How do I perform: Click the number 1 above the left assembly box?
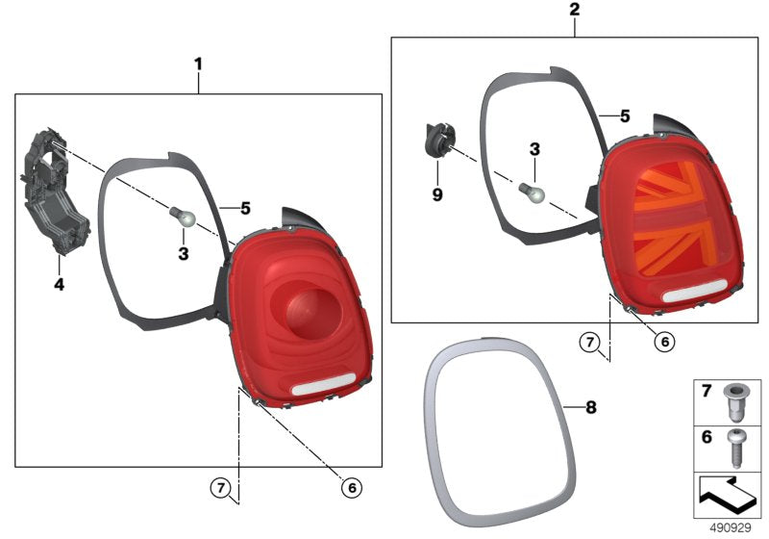[198, 64]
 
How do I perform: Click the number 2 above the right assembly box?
[574, 10]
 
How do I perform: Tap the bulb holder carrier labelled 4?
[54, 192]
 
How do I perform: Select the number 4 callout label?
[59, 284]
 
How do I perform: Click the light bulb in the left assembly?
[183, 218]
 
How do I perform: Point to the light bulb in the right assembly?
[533, 192]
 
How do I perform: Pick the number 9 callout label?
[437, 194]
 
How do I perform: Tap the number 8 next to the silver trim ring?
[591, 407]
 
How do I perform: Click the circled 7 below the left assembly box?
[221, 488]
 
